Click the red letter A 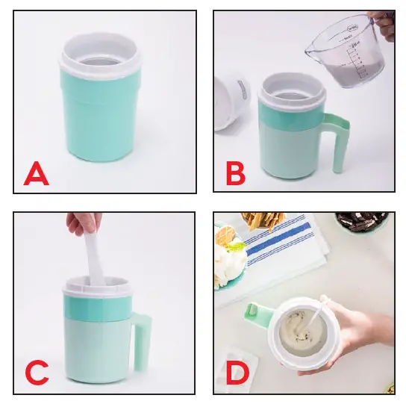[36, 175]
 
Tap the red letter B [236, 175]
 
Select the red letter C [37, 373]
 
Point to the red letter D [236, 374]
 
